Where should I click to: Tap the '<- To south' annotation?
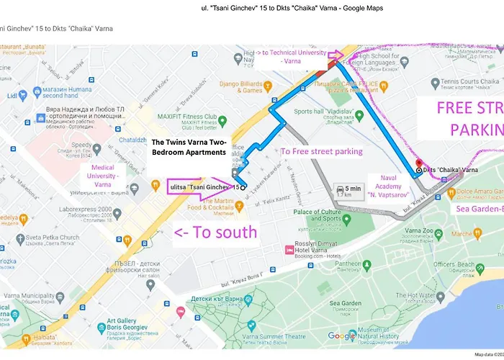(215, 232)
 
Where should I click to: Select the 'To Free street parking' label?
(321, 152)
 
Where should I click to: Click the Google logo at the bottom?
(342, 336)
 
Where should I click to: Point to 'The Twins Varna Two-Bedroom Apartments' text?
(189, 148)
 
